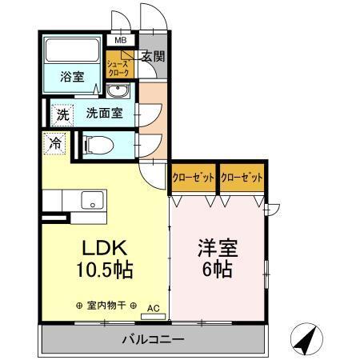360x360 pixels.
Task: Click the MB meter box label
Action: coord(121,40)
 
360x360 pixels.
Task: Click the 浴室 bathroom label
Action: coord(73,77)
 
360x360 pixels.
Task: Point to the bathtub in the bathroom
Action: coord(72,51)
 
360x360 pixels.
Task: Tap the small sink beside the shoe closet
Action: coord(119,89)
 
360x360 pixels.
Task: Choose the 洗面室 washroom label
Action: coord(104,113)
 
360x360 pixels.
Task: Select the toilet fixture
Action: coord(97,146)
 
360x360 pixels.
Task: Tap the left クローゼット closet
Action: coord(194,178)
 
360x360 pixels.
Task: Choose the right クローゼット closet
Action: coord(242,178)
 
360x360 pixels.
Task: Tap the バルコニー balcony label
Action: coord(152,338)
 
